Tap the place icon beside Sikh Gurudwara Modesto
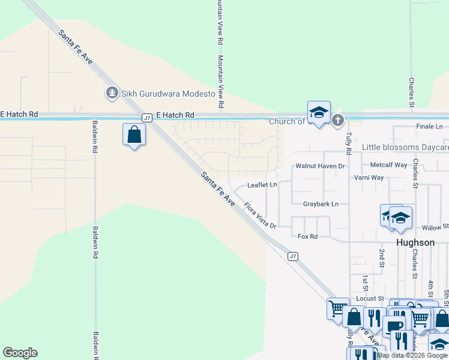(111, 93)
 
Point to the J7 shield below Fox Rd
(292, 256)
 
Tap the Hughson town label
(415, 242)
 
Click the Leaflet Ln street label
(262, 185)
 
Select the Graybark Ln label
(321, 204)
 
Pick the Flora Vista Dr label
(260, 215)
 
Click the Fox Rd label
(307, 236)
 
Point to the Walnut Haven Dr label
(321, 166)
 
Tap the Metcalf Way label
(388, 165)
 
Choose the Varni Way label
(369, 178)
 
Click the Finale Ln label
(429, 127)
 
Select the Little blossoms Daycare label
(405, 147)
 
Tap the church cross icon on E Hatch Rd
(338, 121)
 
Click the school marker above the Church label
(319, 112)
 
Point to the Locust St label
(370, 298)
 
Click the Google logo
(20, 353)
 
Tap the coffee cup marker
(394, 326)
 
